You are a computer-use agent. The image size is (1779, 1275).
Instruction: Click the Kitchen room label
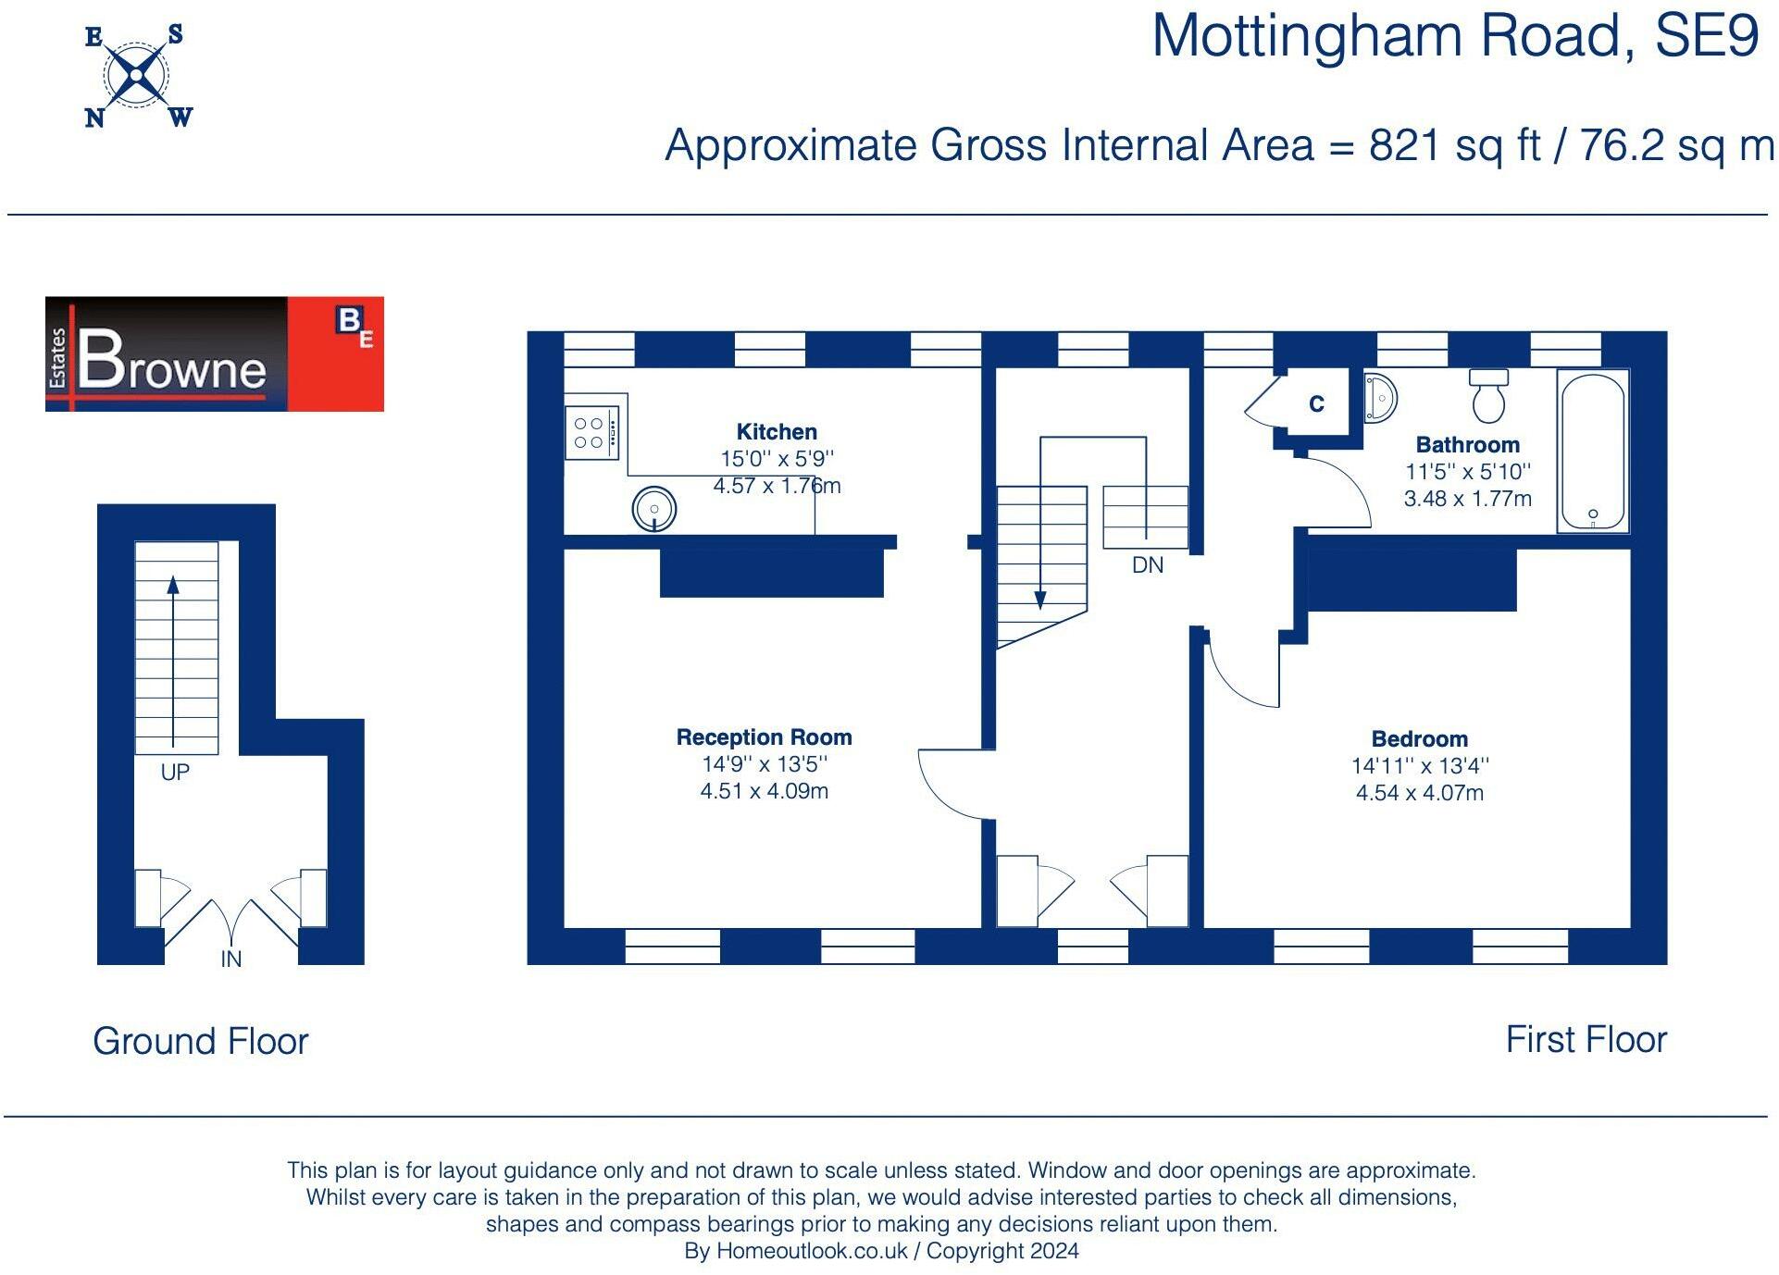click(777, 431)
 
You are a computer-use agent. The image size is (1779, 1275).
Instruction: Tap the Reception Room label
click(764, 737)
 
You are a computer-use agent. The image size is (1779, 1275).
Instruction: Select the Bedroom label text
click(1419, 739)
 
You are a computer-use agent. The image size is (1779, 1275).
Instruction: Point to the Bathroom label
click(1467, 445)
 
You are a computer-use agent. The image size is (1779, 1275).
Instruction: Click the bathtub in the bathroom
click(1592, 451)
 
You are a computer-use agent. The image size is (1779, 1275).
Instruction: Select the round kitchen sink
click(653, 509)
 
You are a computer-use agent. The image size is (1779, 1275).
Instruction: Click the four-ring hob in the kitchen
click(591, 432)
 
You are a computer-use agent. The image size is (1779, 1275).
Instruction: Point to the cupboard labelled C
click(1316, 403)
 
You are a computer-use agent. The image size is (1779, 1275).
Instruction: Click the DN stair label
click(1148, 565)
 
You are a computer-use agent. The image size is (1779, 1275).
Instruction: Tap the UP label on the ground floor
click(175, 773)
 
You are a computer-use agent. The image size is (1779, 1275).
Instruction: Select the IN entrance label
click(231, 959)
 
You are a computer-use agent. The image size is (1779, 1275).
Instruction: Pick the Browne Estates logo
click(214, 354)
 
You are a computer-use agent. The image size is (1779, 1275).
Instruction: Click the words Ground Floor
click(200, 1041)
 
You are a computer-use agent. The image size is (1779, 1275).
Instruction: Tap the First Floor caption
click(1586, 1039)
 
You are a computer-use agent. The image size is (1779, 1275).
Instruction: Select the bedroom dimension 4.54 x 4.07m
click(1419, 793)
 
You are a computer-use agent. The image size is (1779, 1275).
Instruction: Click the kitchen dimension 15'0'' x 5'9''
click(777, 459)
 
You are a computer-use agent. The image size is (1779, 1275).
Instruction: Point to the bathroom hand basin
click(1378, 398)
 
